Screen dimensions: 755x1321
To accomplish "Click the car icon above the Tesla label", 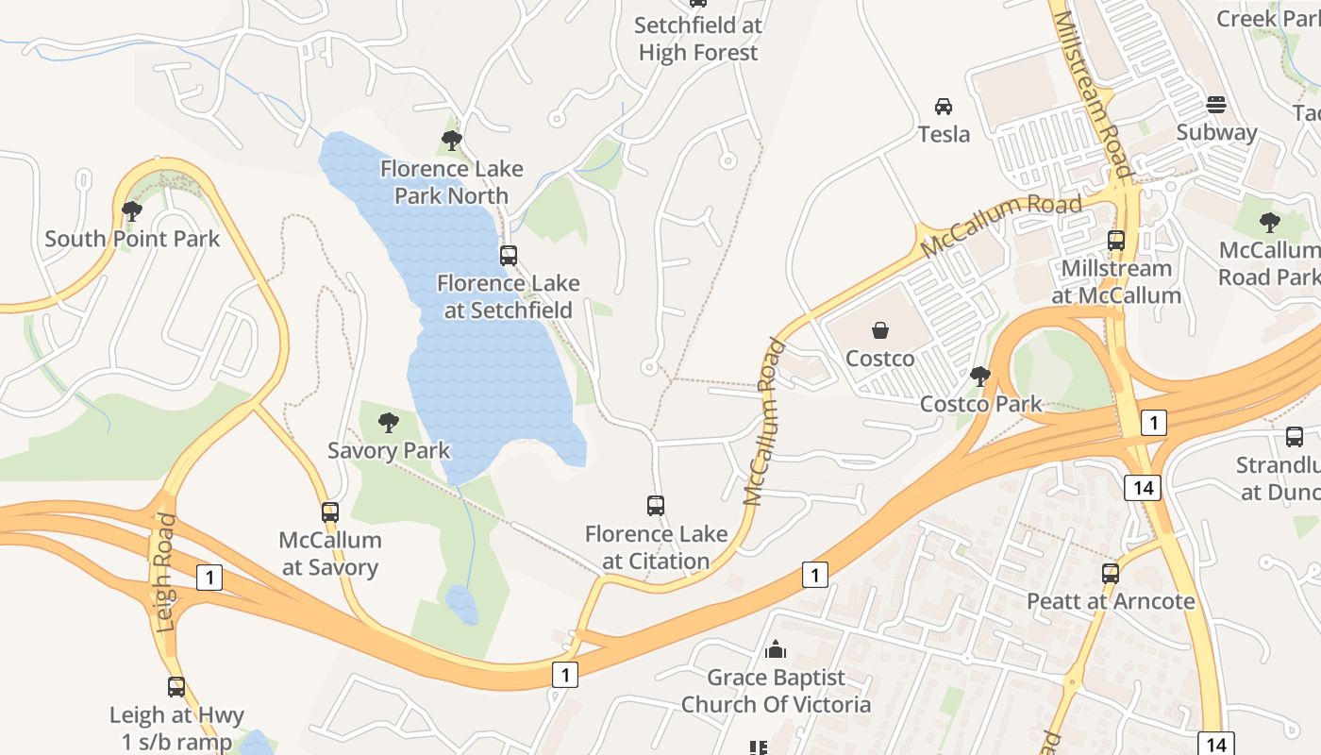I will click(x=944, y=106).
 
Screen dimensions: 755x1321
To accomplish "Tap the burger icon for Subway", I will click(x=1216, y=105).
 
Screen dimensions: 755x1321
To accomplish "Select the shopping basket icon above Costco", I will click(x=879, y=330).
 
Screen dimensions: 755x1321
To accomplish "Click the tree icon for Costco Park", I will click(x=980, y=377).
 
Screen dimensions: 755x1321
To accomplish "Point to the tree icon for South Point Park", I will click(x=132, y=210).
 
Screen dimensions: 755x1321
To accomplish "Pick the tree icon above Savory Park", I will click(x=388, y=423).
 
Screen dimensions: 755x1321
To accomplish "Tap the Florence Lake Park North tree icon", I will click(x=451, y=141).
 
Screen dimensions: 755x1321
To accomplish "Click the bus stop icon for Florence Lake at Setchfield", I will click(x=509, y=255).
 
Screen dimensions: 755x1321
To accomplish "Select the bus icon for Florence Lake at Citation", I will click(x=656, y=506).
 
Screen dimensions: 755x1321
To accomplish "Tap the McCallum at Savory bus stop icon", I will click(x=330, y=512).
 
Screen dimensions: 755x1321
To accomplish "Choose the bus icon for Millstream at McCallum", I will click(x=1116, y=241).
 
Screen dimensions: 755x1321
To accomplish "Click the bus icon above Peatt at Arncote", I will click(x=1111, y=573).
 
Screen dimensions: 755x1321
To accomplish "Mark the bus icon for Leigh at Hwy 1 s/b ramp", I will click(x=176, y=687).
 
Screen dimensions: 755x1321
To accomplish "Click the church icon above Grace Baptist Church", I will click(x=776, y=649).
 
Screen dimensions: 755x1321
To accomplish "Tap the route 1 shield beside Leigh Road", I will click(x=209, y=578).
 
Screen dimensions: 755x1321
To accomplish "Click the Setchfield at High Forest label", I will click(x=698, y=39).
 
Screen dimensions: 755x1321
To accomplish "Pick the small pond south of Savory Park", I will click(x=461, y=605).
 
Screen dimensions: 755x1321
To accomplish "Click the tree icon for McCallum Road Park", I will click(x=1270, y=223).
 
